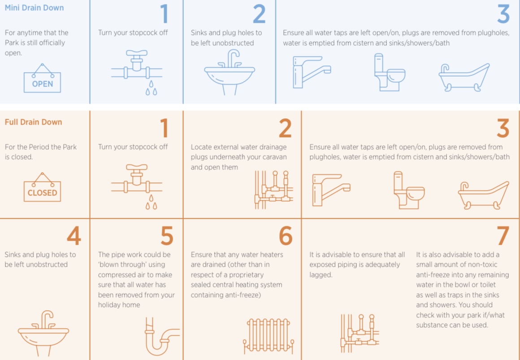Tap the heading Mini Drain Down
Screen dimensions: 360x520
(x=34, y=8)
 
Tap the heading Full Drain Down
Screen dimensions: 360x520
(x=33, y=122)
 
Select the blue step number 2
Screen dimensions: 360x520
(x=259, y=14)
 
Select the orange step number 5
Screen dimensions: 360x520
(x=166, y=236)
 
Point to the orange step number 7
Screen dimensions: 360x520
(x=503, y=236)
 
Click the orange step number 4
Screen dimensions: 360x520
(x=74, y=236)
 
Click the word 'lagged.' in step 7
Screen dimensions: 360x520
(x=321, y=275)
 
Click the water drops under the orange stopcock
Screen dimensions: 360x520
(x=152, y=203)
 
